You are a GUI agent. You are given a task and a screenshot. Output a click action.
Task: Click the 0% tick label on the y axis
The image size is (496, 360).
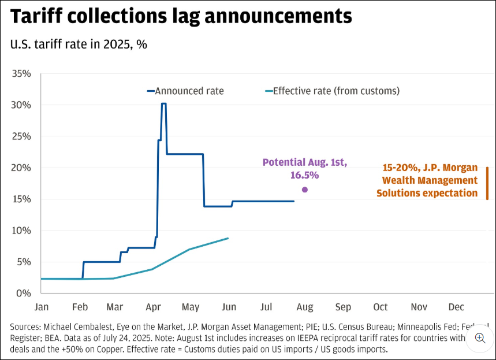[x=24, y=294]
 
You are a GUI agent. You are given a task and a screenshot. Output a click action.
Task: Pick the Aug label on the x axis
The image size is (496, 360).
[x=305, y=307]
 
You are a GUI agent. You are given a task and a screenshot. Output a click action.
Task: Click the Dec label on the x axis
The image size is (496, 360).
[x=456, y=307]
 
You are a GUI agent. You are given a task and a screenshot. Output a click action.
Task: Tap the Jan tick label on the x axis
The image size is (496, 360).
[x=42, y=307]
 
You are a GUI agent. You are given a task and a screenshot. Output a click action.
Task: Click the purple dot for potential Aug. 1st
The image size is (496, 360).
[x=305, y=190]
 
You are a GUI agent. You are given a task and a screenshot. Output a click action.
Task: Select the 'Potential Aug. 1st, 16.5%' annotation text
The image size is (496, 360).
[x=304, y=169]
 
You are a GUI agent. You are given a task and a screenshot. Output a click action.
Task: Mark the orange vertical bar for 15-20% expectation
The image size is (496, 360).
[x=487, y=183]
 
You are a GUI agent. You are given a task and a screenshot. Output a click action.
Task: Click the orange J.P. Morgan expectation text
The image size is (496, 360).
[x=427, y=180]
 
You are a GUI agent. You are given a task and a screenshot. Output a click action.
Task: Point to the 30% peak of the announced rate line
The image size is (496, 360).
[x=163, y=104]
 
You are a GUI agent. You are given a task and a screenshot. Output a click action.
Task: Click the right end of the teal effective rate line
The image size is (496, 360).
[x=228, y=238]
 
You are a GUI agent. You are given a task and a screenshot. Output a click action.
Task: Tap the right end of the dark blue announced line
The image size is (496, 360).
[x=294, y=201]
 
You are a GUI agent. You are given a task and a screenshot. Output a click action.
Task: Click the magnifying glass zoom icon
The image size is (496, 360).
[x=480, y=338]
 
